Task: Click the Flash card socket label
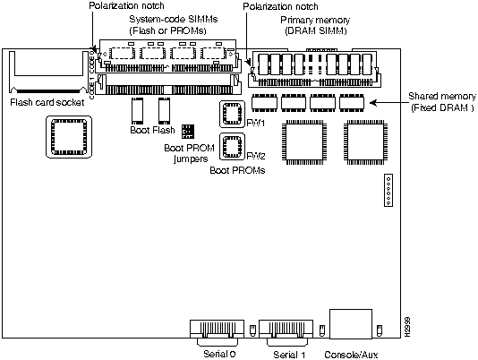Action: pos(47,102)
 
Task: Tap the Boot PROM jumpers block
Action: pos(187,131)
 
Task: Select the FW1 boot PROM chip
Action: pos(233,114)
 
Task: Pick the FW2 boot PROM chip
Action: pos(233,147)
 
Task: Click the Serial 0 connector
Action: pos(217,332)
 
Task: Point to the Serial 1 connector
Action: pos(286,332)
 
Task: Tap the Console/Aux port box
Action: pos(351,324)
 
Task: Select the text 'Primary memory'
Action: pos(315,20)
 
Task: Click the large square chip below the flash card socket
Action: pos(69,137)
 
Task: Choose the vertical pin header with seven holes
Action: pos(388,190)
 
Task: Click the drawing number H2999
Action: pos(408,327)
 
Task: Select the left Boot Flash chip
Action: pos(138,111)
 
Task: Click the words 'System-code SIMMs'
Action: pos(174,19)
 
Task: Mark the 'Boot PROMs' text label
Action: pos(237,170)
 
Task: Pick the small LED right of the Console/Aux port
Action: pos(380,330)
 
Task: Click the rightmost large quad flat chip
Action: pos(366,142)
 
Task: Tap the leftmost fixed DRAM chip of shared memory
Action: pos(264,102)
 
